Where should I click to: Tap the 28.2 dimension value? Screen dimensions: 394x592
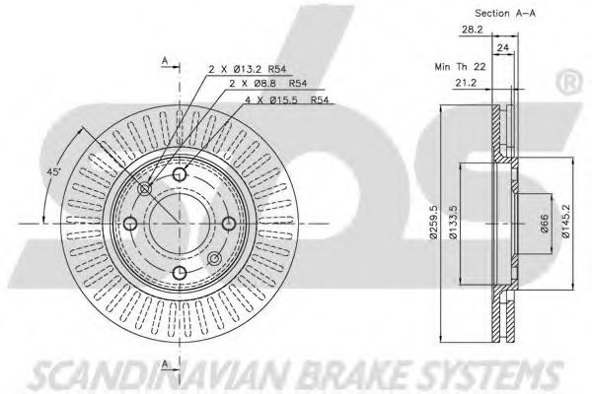tap(471, 30)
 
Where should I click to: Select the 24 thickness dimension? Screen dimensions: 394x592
tap(502, 46)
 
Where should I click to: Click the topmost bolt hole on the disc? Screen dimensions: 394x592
tap(180, 176)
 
